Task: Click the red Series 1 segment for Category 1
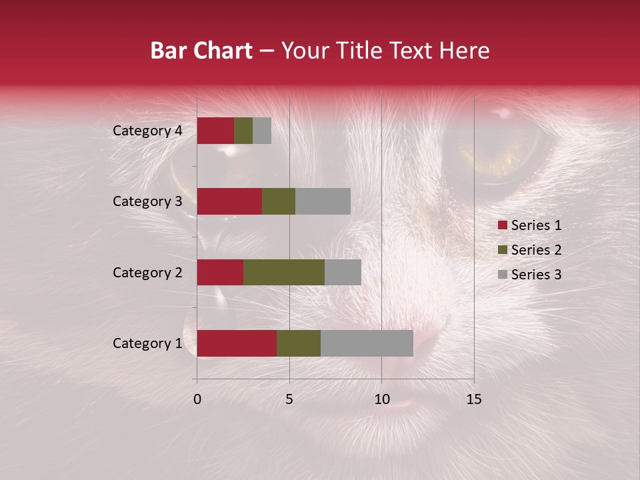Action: [237, 343]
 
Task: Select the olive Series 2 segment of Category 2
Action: [284, 272]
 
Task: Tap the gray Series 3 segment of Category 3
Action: [323, 201]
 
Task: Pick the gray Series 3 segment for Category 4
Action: [262, 131]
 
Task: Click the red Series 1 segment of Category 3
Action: [229, 201]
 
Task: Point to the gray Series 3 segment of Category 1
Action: [367, 343]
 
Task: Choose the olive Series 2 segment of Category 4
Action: [243, 131]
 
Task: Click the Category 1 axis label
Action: [147, 343]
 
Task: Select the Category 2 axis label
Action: [147, 273]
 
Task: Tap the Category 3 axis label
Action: [147, 201]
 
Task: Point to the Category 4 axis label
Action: [147, 131]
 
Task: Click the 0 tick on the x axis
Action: [197, 399]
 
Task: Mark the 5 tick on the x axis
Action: [289, 399]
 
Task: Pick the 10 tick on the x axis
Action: [381, 399]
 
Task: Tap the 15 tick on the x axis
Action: [473, 399]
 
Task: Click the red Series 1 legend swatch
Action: [502, 225]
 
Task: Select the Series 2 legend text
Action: [536, 250]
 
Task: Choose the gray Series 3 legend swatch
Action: [502, 275]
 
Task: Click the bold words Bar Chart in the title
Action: [201, 51]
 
